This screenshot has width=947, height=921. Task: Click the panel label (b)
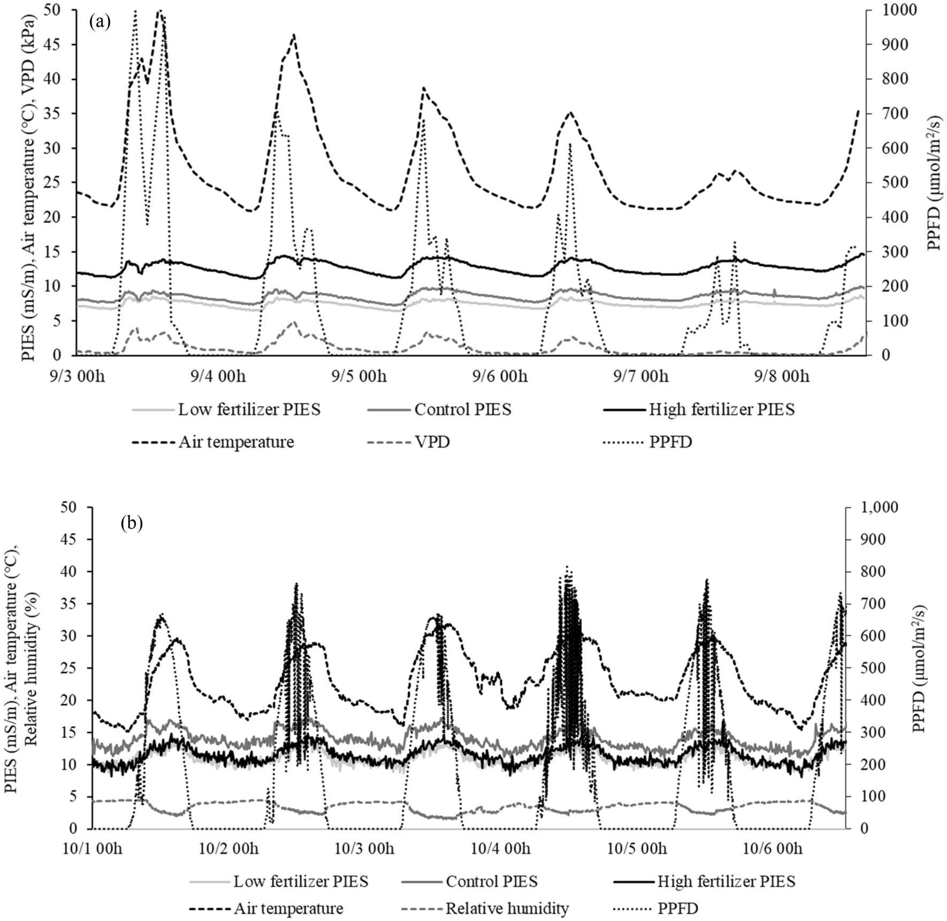pos(132,523)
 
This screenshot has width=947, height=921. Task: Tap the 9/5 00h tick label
pos(358,377)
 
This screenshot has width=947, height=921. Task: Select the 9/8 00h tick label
pos(781,377)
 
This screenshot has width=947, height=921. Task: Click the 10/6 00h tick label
pos(775,848)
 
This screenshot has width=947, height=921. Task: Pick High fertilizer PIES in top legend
pos(721,410)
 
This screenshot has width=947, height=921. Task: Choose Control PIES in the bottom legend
pos(491,881)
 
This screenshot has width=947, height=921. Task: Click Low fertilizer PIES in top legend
pos(249,410)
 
